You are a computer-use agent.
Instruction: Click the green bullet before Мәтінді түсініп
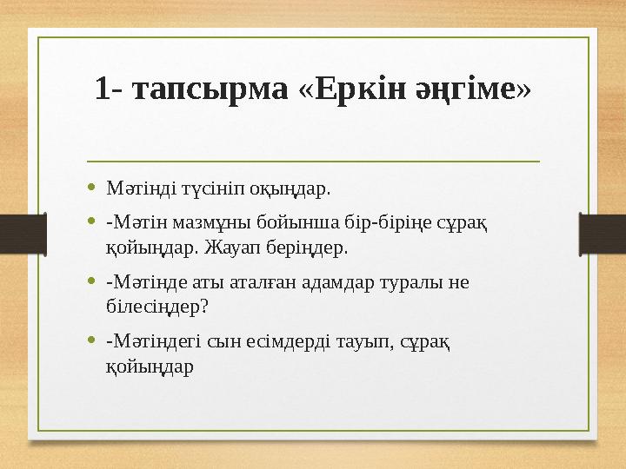(92, 187)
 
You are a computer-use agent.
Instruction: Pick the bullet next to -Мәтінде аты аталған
(92, 281)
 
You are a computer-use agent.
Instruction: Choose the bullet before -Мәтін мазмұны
(92, 222)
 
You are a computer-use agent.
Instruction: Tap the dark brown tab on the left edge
(17, 234)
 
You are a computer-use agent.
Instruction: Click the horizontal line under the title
(313, 162)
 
